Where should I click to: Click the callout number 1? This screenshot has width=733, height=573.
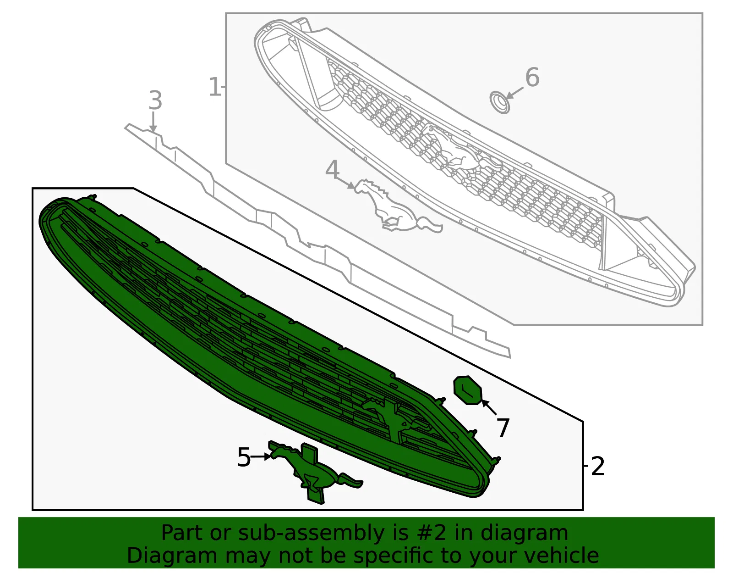[214, 87]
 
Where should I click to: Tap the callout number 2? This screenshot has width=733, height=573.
[597, 466]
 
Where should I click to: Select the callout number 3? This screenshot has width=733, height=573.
[155, 100]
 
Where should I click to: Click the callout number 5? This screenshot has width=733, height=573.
[244, 457]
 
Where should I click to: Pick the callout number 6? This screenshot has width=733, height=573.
[532, 77]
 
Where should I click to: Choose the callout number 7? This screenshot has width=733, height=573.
[503, 428]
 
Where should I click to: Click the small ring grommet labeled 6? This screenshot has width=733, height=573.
[499, 102]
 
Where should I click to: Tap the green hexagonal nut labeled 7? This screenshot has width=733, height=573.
[468, 390]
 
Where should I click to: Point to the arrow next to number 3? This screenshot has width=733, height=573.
[153, 122]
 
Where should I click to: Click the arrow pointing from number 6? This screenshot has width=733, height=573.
[514, 93]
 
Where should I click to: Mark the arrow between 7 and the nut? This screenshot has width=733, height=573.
[489, 407]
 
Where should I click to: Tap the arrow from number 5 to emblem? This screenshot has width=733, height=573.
[260, 457]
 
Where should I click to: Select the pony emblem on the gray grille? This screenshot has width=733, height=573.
[462, 147]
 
